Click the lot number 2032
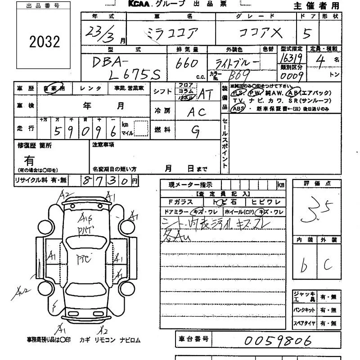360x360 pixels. click(x=44, y=42)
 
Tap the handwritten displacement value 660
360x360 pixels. click(x=187, y=64)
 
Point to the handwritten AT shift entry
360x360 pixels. click(x=206, y=94)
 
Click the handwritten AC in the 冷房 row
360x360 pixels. click(x=197, y=112)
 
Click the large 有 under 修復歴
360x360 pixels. click(x=29, y=160)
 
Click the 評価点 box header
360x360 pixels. click(x=315, y=184)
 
